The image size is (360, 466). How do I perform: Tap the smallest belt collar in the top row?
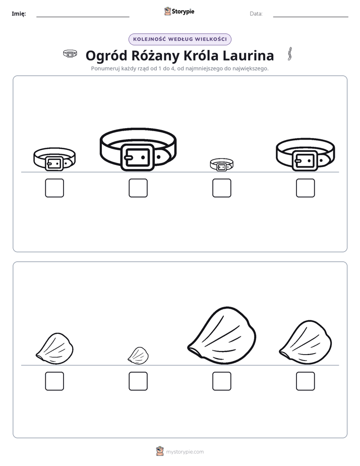click(x=221, y=164)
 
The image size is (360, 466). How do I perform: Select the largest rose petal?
click(x=222, y=335)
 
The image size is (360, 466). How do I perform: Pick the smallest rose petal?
click(x=138, y=356)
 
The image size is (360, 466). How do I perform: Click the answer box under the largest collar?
click(x=138, y=188)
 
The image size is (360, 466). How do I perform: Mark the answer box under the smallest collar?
click(x=222, y=188)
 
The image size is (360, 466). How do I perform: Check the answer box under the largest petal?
click(x=222, y=381)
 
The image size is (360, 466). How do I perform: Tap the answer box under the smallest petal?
click(x=138, y=381)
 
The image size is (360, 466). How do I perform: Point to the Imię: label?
click(x=19, y=14)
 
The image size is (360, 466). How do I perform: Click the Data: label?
click(x=256, y=14)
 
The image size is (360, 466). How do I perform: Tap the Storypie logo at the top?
click(x=179, y=11)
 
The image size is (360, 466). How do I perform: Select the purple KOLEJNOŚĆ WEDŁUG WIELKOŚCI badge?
click(x=180, y=39)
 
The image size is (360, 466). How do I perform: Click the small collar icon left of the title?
click(x=70, y=53)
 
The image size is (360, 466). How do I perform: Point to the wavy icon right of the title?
click(x=289, y=54)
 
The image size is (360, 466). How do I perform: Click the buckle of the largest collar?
click(x=138, y=157)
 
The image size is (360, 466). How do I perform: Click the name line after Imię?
click(x=83, y=17)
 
